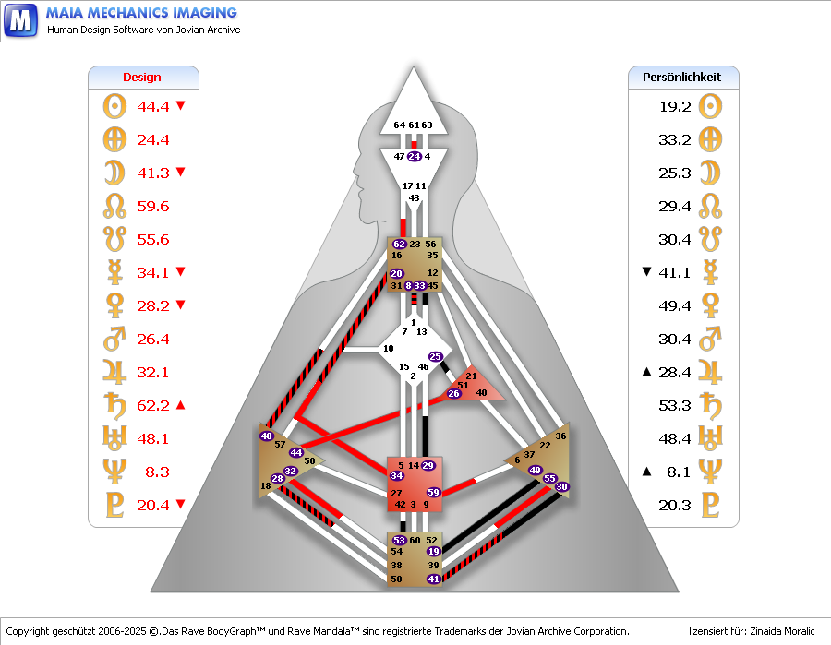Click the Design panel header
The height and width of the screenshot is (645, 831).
[x=142, y=78]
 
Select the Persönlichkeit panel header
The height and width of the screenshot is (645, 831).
[x=682, y=78]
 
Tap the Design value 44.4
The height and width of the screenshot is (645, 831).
[x=153, y=106]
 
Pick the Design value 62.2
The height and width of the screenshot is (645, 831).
[x=153, y=405]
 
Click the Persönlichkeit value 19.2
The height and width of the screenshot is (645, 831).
[x=675, y=106]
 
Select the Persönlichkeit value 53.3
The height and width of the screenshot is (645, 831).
[x=675, y=405]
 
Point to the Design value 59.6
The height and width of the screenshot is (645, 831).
[x=153, y=206]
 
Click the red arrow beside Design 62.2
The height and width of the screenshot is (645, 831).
[x=181, y=404]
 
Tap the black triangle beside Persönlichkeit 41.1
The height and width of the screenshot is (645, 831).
[x=646, y=271]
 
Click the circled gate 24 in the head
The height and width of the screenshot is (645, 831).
[x=414, y=157]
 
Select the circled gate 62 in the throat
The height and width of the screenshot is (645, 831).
[x=399, y=245]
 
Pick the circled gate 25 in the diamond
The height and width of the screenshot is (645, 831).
[x=436, y=356]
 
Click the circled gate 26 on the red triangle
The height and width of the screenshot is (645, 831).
[x=453, y=394]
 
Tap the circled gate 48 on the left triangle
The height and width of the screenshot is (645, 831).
[x=267, y=436]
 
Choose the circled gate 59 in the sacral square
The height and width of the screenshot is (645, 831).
[x=433, y=492]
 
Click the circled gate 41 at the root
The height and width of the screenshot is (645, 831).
[x=433, y=579]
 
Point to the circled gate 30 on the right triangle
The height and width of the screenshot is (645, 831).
[x=562, y=486]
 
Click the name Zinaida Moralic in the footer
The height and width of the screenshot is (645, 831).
[x=778, y=631]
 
